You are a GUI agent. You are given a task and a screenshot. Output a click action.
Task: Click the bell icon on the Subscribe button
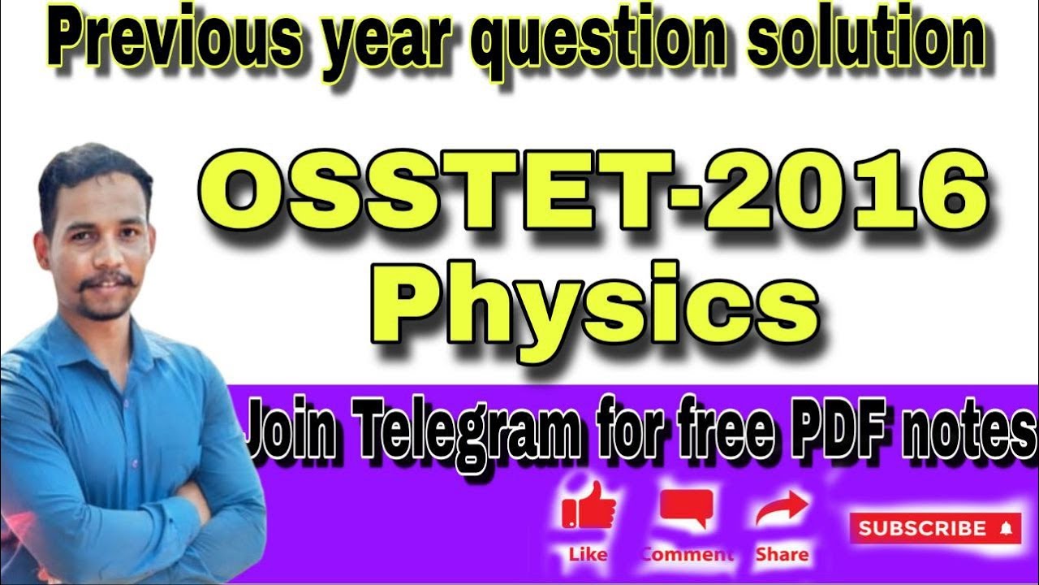click(x=1007, y=529)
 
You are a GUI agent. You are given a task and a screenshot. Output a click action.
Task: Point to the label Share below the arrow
click(x=782, y=555)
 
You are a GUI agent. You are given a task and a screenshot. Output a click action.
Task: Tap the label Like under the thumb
click(x=588, y=555)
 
